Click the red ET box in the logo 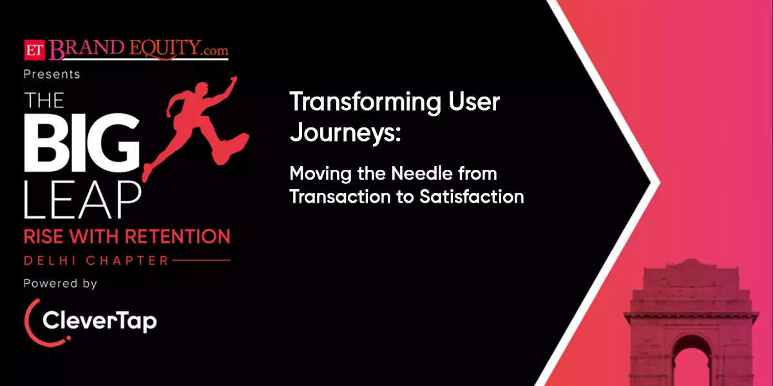pyautogui.click(x=33, y=49)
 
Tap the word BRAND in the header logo pyautogui.click(x=84, y=49)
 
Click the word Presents pyautogui.click(x=52, y=74)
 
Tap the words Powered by pyautogui.click(x=61, y=284)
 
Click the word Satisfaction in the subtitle pyautogui.click(x=471, y=196)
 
